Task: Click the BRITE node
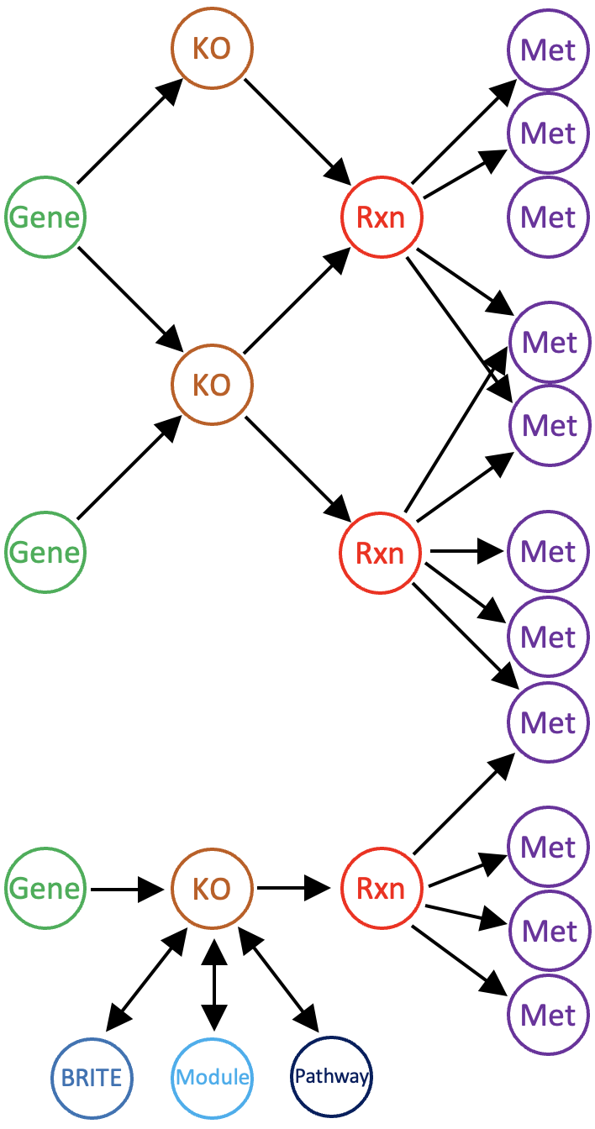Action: [92, 1077]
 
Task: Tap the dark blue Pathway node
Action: [331, 1077]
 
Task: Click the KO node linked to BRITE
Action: [212, 889]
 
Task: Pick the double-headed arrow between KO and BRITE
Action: [146, 979]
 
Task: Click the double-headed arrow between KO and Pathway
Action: [279, 979]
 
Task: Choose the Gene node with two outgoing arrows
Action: [45, 218]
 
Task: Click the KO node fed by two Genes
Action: [212, 385]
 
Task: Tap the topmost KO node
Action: [212, 49]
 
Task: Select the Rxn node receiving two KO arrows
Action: [381, 218]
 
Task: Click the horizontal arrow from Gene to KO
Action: [126, 888]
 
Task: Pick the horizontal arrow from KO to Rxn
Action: [294, 887]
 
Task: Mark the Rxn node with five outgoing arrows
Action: [380, 553]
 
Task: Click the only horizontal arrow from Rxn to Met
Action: [466, 552]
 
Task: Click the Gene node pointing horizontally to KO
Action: [45, 889]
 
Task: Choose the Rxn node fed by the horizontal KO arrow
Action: [381, 889]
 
